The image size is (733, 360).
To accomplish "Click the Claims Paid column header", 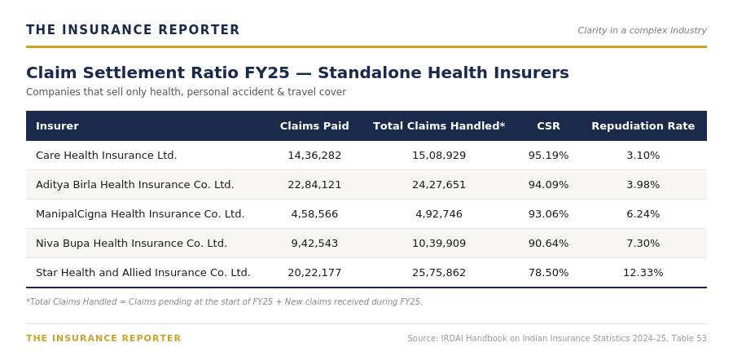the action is coord(314,125).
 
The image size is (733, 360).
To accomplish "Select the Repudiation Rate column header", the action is coord(643,125).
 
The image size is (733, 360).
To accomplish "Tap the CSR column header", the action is coord(548,125).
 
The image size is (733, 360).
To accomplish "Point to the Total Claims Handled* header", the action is coord(439,125).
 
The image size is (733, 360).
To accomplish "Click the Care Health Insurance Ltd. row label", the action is coord(106,156).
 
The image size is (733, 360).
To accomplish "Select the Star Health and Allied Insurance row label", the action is coord(143,273).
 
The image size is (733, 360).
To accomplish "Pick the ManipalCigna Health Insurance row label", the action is coord(140,214).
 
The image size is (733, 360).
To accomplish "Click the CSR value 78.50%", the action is coord(548,273).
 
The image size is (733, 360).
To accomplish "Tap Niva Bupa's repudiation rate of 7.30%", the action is coord(643,243).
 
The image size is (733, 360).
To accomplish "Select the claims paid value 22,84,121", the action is coord(314,185).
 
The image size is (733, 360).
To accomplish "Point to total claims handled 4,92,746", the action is coord(439,214).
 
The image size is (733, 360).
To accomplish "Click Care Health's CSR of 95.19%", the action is coord(548,156).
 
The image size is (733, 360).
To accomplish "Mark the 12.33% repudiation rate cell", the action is coord(643,273).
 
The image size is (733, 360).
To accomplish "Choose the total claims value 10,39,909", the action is coord(439,243).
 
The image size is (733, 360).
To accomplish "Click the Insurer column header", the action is coord(57,125).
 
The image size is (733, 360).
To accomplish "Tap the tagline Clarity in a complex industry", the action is coord(642,30).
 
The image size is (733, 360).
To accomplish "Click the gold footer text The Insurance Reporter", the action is coord(103,338).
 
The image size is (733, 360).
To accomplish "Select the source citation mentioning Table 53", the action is coord(557,338).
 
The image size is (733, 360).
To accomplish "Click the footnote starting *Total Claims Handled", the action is coord(225,301).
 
